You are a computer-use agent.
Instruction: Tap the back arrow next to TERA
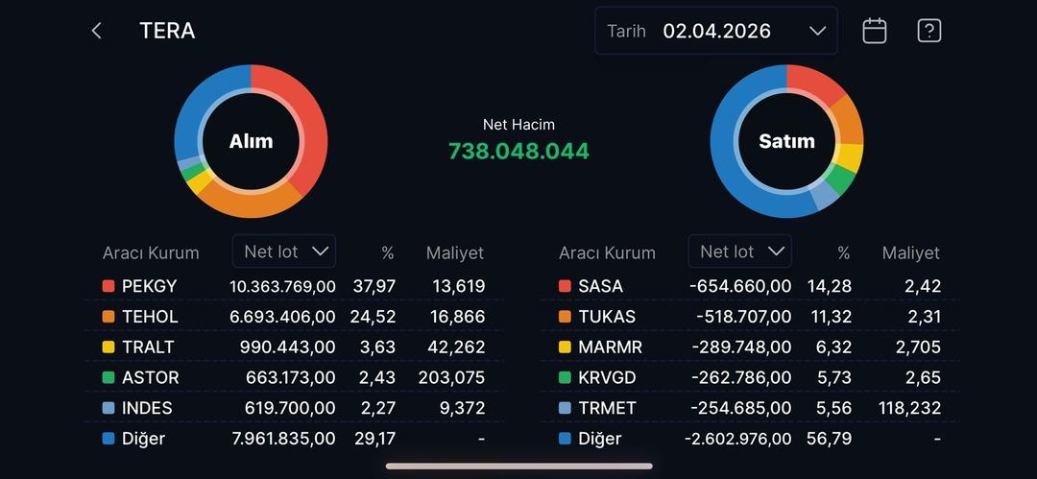[x=96, y=31]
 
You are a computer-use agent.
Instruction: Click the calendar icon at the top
[x=874, y=31]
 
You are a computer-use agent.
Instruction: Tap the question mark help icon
[x=928, y=31]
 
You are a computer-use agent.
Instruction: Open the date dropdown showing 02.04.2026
[x=716, y=31]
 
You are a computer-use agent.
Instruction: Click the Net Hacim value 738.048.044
[x=518, y=151]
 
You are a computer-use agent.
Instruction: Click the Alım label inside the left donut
[x=251, y=141]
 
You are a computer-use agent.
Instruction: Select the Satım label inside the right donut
[x=786, y=141]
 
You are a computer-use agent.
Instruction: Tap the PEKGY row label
[x=149, y=286]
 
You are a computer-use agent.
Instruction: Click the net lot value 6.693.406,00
[x=282, y=317]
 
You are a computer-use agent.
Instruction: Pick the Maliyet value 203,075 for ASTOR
[x=451, y=377]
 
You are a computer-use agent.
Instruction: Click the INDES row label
[x=147, y=408]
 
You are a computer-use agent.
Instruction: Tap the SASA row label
[x=600, y=286]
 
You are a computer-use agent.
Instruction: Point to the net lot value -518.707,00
[x=738, y=317]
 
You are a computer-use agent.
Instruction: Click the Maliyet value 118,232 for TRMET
[x=909, y=408]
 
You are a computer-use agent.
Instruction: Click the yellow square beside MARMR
[x=565, y=347]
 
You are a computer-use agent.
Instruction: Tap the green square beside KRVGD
[x=565, y=377]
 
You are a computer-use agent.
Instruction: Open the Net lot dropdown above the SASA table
[x=739, y=251]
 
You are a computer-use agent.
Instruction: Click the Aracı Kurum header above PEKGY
[x=151, y=253]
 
